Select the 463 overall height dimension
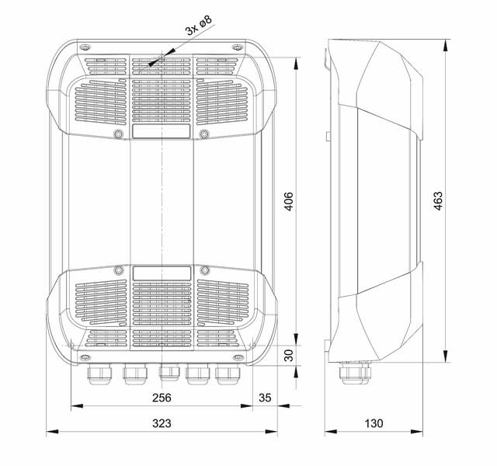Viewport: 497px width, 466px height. (x=438, y=203)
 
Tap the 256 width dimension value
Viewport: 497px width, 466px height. (x=161, y=398)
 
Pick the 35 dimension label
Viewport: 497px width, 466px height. (x=265, y=398)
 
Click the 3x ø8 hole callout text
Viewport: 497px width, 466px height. (x=198, y=30)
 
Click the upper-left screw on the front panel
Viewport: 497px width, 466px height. (x=118, y=134)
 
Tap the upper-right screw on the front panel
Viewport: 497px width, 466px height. (x=205, y=134)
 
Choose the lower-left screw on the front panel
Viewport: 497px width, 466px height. (x=118, y=271)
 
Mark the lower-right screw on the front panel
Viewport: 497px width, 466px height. (x=205, y=271)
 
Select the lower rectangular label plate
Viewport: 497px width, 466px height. (x=162, y=273)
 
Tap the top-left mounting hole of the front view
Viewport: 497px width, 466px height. (x=86, y=47)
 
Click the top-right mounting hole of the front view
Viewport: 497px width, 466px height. (x=236, y=47)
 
